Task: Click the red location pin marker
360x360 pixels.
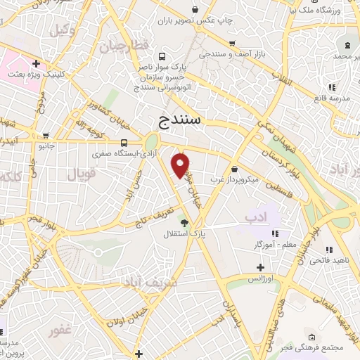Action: pyautogui.click(x=181, y=165)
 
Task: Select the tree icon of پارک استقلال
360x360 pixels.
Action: pyautogui.click(x=184, y=223)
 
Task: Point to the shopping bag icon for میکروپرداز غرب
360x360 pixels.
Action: pyautogui.click(x=234, y=169)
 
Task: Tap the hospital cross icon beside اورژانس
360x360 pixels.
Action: pyautogui.click(x=261, y=267)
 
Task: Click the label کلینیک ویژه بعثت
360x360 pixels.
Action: pyautogui.click(x=64, y=75)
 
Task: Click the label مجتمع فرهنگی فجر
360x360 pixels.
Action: pyautogui.click(x=313, y=347)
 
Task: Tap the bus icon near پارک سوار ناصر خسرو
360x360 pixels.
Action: pyautogui.click(x=163, y=56)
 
